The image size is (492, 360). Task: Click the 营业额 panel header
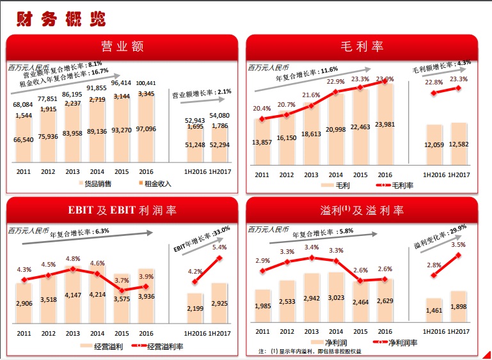click(121, 47)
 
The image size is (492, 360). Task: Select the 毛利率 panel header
click(361, 47)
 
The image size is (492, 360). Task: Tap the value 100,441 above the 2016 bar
click(147, 83)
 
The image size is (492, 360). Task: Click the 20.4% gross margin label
click(261, 109)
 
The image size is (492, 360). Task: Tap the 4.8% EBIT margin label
click(72, 259)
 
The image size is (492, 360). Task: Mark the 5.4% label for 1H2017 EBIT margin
click(219, 247)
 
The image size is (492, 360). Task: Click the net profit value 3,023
click(336, 297)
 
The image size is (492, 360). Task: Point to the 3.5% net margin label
click(458, 245)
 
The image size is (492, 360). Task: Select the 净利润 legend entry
click(329, 343)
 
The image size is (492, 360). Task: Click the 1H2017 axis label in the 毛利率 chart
click(458, 175)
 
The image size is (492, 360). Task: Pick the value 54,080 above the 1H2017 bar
click(219, 116)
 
